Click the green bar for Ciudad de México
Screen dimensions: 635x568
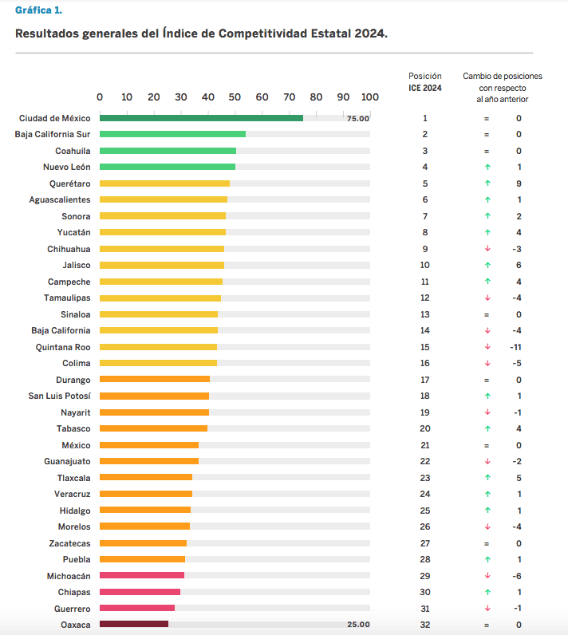201,118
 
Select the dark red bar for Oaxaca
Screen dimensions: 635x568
134,625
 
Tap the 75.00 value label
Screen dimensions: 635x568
358,118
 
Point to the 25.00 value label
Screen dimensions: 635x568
358,625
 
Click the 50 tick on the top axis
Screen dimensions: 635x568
235,97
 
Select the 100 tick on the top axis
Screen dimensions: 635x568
369,97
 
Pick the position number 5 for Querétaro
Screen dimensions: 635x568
425,183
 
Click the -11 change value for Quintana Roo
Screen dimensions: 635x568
515,347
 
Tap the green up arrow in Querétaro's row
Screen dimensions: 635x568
487,183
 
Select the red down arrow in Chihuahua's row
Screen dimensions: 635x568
487,249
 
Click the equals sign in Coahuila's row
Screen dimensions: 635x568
486,151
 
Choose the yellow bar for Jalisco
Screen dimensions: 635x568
162,265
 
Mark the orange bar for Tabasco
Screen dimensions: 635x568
153,428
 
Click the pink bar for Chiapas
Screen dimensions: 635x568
140,592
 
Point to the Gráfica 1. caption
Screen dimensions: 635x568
39,10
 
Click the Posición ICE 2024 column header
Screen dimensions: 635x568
425,81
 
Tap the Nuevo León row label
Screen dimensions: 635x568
66,167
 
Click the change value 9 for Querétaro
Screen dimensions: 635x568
519,183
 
